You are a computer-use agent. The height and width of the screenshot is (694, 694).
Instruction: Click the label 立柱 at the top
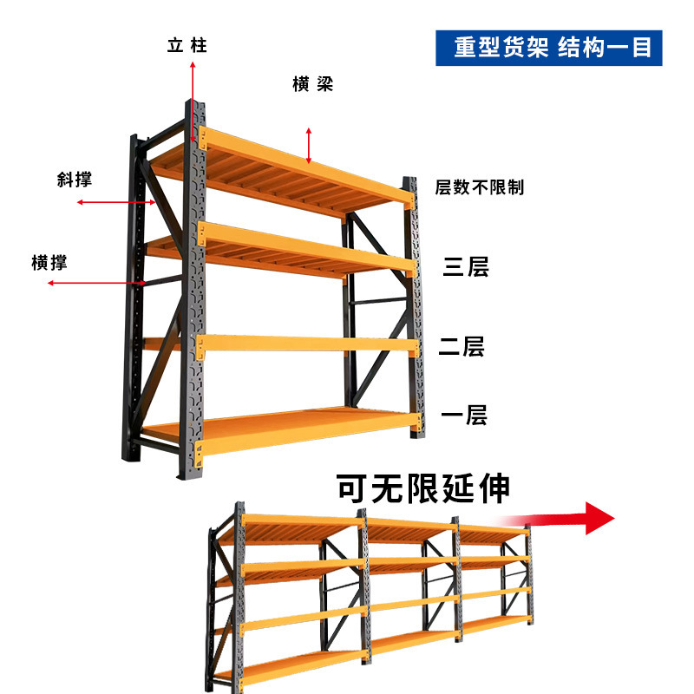[187, 45]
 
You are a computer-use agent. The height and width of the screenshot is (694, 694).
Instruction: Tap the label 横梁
[312, 84]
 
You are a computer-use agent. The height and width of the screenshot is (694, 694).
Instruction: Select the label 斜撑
[74, 180]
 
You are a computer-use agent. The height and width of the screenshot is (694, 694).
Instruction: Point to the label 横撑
[49, 263]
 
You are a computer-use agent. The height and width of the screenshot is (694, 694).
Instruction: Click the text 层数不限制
[479, 187]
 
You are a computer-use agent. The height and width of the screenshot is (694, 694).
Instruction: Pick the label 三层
[466, 266]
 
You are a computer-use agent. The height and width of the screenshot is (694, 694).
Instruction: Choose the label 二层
[462, 348]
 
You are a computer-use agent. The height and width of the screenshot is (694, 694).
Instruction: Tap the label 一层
[464, 416]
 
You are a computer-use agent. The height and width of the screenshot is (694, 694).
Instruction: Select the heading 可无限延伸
[422, 488]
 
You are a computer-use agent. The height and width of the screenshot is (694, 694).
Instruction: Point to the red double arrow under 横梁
[308, 144]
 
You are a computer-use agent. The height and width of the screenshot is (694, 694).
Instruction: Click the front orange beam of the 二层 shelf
[308, 344]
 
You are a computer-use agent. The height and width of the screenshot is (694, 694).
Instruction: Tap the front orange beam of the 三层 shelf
[308, 246]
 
